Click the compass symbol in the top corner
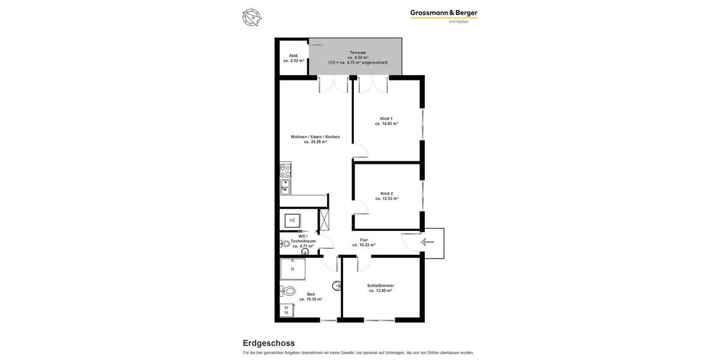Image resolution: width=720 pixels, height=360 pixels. (x=252, y=17)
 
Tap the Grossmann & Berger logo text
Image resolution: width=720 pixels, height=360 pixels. (x=443, y=13)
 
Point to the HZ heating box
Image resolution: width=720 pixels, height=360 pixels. (x=292, y=220)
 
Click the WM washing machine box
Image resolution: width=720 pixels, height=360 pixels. (x=286, y=310)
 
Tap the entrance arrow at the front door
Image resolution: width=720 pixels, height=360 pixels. (x=427, y=242)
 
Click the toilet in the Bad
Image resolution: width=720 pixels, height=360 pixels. (x=289, y=292)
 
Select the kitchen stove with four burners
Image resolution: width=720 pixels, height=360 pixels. (x=286, y=170)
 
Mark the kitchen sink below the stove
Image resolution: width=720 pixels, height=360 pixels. (x=286, y=187)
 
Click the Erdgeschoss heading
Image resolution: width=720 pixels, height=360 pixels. (x=269, y=343)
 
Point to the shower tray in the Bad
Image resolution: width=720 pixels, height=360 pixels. (x=293, y=269)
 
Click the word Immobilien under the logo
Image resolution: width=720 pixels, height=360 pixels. (x=458, y=22)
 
